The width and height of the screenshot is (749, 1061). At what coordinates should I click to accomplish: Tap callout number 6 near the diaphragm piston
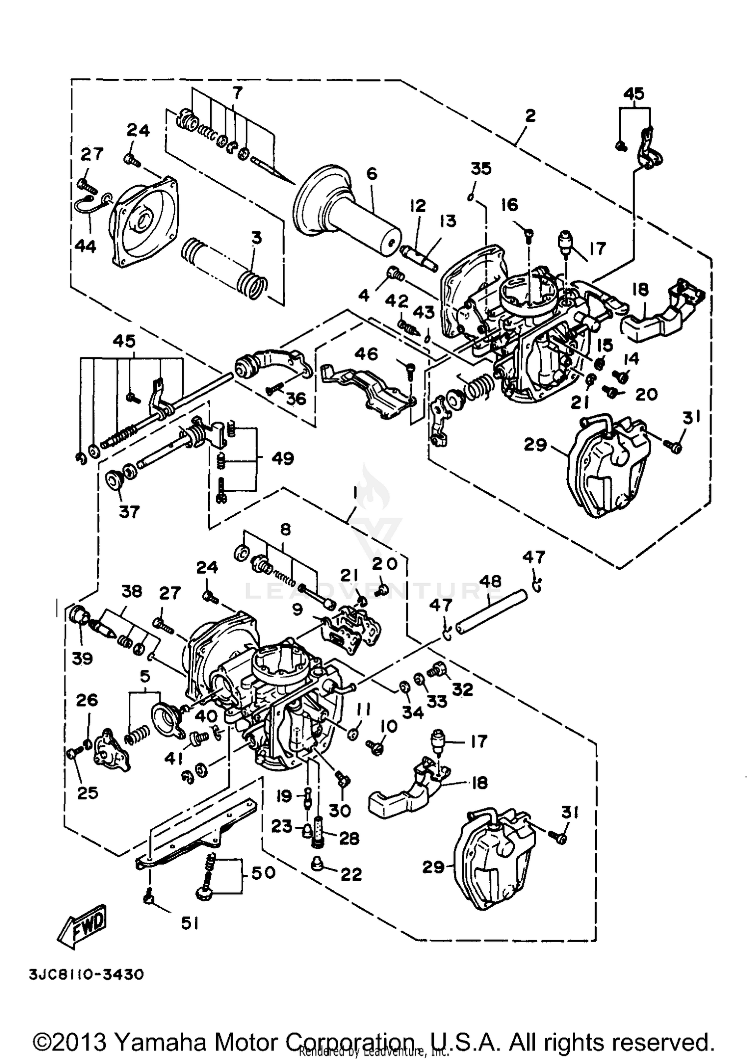[x=372, y=174]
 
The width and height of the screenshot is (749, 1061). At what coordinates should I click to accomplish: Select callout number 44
[x=85, y=246]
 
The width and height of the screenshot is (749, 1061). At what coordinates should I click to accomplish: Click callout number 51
[x=190, y=924]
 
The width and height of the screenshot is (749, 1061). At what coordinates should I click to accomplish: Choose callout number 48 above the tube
[x=490, y=581]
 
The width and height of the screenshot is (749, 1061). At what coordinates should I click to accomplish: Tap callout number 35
[x=481, y=169]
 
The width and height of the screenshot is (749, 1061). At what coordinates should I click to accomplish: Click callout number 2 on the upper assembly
[x=530, y=116]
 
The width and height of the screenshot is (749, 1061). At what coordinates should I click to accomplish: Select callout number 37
[x=129, y=512]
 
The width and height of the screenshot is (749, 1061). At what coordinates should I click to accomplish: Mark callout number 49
[x=283, y=458]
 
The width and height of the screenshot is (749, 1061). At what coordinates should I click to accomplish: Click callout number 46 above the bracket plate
[x=366, y=354]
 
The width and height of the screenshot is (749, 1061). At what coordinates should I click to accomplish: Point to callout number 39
[x=82, y=658]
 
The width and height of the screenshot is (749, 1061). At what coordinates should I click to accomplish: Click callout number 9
[x=298, y=610]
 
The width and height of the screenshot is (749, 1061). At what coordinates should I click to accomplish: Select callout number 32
[x=462, y=689]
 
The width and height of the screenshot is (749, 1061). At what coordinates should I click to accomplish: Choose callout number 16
[x=509, y=205]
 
